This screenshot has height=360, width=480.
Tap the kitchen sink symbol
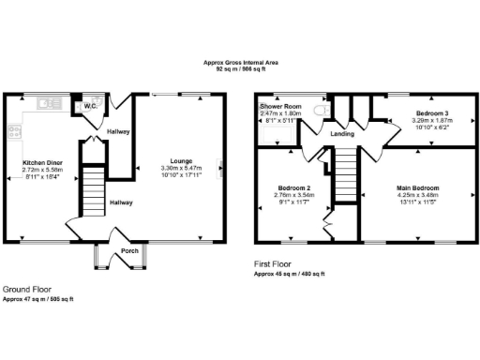45,102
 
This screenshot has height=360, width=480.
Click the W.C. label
91,106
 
